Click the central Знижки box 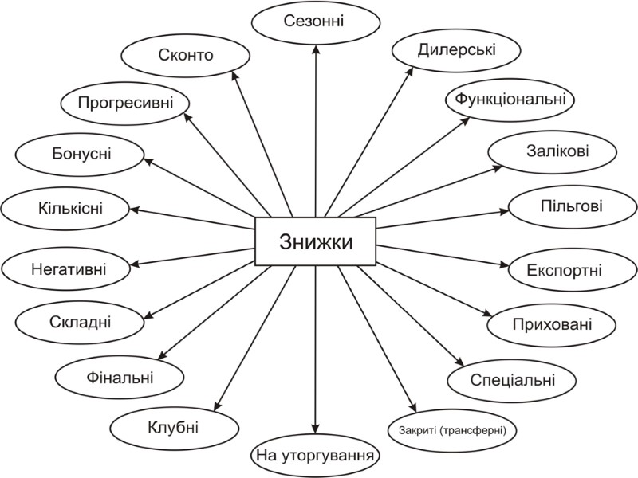click(316, 241)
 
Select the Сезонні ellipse click(313, 19)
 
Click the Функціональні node click(510, 100)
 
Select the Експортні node click(565, 268)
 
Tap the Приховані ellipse click(553, 325)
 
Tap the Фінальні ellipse click(116, 374)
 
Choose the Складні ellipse click(74, 321)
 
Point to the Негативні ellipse click(66, 267)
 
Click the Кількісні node click(66, 209)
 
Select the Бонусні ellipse click(77, 154)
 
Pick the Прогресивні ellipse click(127, 102)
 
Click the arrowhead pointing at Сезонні click(317, 48)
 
